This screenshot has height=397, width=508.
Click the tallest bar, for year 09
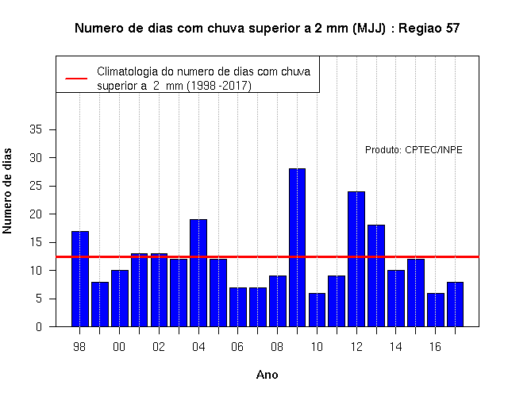point(297,248)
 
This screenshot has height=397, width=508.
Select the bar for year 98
point(80,279)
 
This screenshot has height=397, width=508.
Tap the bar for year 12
point(356,259)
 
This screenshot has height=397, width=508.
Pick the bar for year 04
point(198,273)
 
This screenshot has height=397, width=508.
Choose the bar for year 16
point(436,310)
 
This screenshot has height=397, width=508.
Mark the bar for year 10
point(317,310)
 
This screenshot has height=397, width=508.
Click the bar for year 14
point(396,299)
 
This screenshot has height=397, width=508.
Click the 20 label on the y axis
point(36,214)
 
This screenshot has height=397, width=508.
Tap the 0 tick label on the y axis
point(39,326)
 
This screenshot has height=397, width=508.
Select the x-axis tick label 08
point(277,347)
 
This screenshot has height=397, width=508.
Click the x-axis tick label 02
point(159,347)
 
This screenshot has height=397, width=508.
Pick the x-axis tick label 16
point(435,347)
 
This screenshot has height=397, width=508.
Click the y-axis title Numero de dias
point(7,191)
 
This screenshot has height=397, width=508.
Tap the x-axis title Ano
point(267,375)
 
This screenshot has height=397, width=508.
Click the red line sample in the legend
point(76,79)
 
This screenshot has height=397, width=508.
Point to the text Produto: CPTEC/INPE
point(414,150)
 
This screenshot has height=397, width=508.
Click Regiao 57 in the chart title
point(429,29)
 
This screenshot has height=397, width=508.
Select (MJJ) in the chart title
point(369,29)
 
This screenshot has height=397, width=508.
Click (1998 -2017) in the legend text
point(219,86)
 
